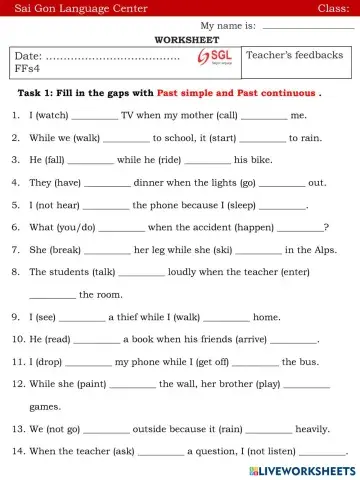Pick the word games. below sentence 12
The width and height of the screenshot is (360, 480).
click(45, 407)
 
